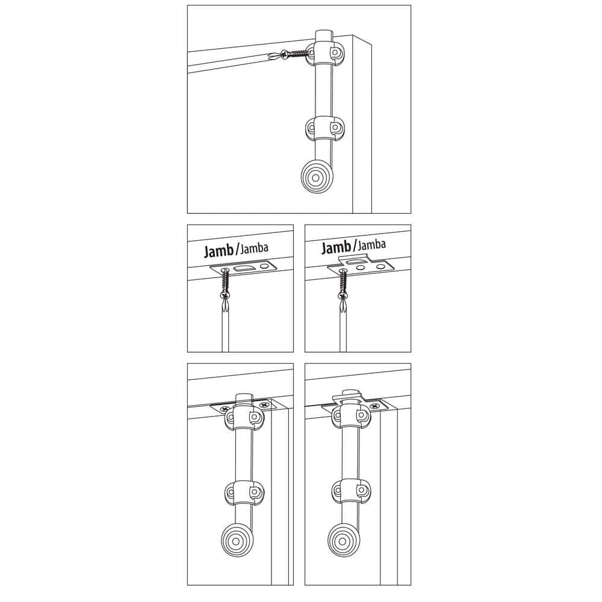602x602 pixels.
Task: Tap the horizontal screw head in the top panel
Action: coord(285,55)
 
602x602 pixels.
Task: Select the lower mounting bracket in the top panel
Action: coord(325,128)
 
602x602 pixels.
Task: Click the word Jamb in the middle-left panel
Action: coord(219,250)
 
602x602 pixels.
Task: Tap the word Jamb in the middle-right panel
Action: coord(336,247)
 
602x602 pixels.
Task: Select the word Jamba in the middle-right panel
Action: coord(371,244)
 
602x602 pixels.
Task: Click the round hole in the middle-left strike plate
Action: coord(264,265)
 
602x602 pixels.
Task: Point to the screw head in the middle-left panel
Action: coord(225,295)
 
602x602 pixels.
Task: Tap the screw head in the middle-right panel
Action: coord(343,295)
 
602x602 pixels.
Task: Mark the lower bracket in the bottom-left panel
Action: coord(244,492)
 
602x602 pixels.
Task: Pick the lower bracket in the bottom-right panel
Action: coord(351,491)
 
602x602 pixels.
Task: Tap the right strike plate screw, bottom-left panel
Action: coord(264,405)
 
